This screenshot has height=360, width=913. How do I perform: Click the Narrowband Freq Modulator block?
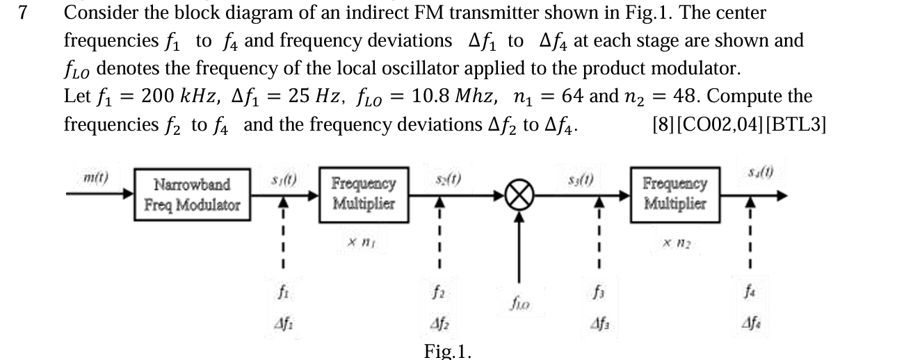point(192,195)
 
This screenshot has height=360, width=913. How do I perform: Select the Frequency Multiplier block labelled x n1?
point(364,194)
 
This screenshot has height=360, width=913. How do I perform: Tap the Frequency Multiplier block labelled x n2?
point(674,194)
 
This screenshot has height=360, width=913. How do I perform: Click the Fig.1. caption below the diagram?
point(447,351)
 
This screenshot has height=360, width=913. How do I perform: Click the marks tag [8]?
point(662,126)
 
